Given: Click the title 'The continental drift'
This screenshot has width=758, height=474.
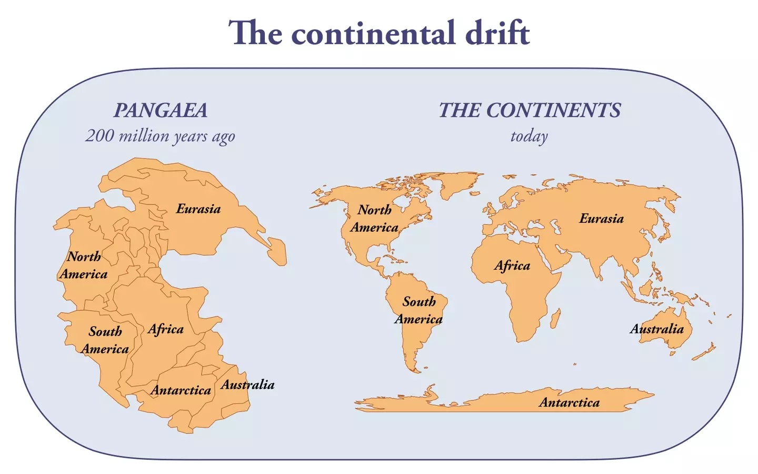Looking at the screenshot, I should coord(379,33).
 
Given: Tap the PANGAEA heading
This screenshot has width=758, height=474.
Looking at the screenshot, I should coord(161,111).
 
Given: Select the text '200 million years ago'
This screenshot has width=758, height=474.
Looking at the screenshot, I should coord(160,136).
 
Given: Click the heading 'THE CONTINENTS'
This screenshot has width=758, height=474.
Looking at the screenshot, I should coord(530,111).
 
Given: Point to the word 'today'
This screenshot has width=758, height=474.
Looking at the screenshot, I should coord(529,136).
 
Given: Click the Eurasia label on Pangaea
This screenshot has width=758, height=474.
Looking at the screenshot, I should coord(198,209).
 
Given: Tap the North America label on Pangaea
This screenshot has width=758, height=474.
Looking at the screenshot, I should coord(83,265).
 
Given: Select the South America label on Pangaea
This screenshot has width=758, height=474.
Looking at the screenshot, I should coord(105,340).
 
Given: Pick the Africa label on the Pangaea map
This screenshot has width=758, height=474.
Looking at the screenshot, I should coord(165,329).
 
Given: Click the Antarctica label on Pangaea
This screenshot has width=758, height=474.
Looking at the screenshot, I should coord(181,390).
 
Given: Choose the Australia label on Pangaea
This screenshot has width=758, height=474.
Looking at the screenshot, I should coord(247,385).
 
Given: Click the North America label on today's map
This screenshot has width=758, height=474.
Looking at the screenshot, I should coord(374,219).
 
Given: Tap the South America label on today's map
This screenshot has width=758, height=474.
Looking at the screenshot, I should coord(418,310).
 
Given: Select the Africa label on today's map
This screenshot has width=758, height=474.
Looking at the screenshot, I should coord(512,265).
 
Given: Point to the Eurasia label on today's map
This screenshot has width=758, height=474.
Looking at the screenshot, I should coord(601,219).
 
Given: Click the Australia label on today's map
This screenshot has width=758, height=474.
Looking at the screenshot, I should coord(656,329).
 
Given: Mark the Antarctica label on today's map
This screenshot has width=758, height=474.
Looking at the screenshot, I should coord(569,403).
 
